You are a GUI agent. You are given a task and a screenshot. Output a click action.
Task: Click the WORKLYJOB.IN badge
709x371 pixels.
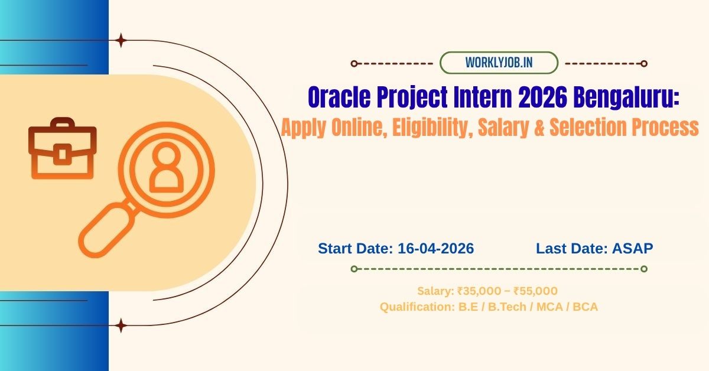coord(499,63)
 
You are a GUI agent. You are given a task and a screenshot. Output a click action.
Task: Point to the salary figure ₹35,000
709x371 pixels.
coord(479,291)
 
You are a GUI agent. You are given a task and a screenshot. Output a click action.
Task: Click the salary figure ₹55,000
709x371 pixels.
coord(535,291)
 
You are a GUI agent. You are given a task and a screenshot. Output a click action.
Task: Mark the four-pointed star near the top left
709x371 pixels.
coord(121,40)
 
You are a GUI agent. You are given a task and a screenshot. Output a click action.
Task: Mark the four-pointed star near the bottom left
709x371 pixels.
coord(121,325)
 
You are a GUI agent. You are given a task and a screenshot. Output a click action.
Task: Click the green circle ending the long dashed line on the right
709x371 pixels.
coord(644,269)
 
